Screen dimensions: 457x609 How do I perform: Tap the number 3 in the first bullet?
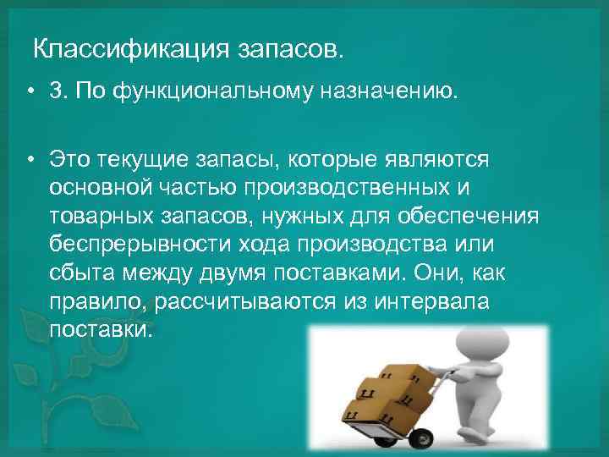tap(56, 91)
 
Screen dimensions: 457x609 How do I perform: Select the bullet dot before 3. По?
tap(29, 92)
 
